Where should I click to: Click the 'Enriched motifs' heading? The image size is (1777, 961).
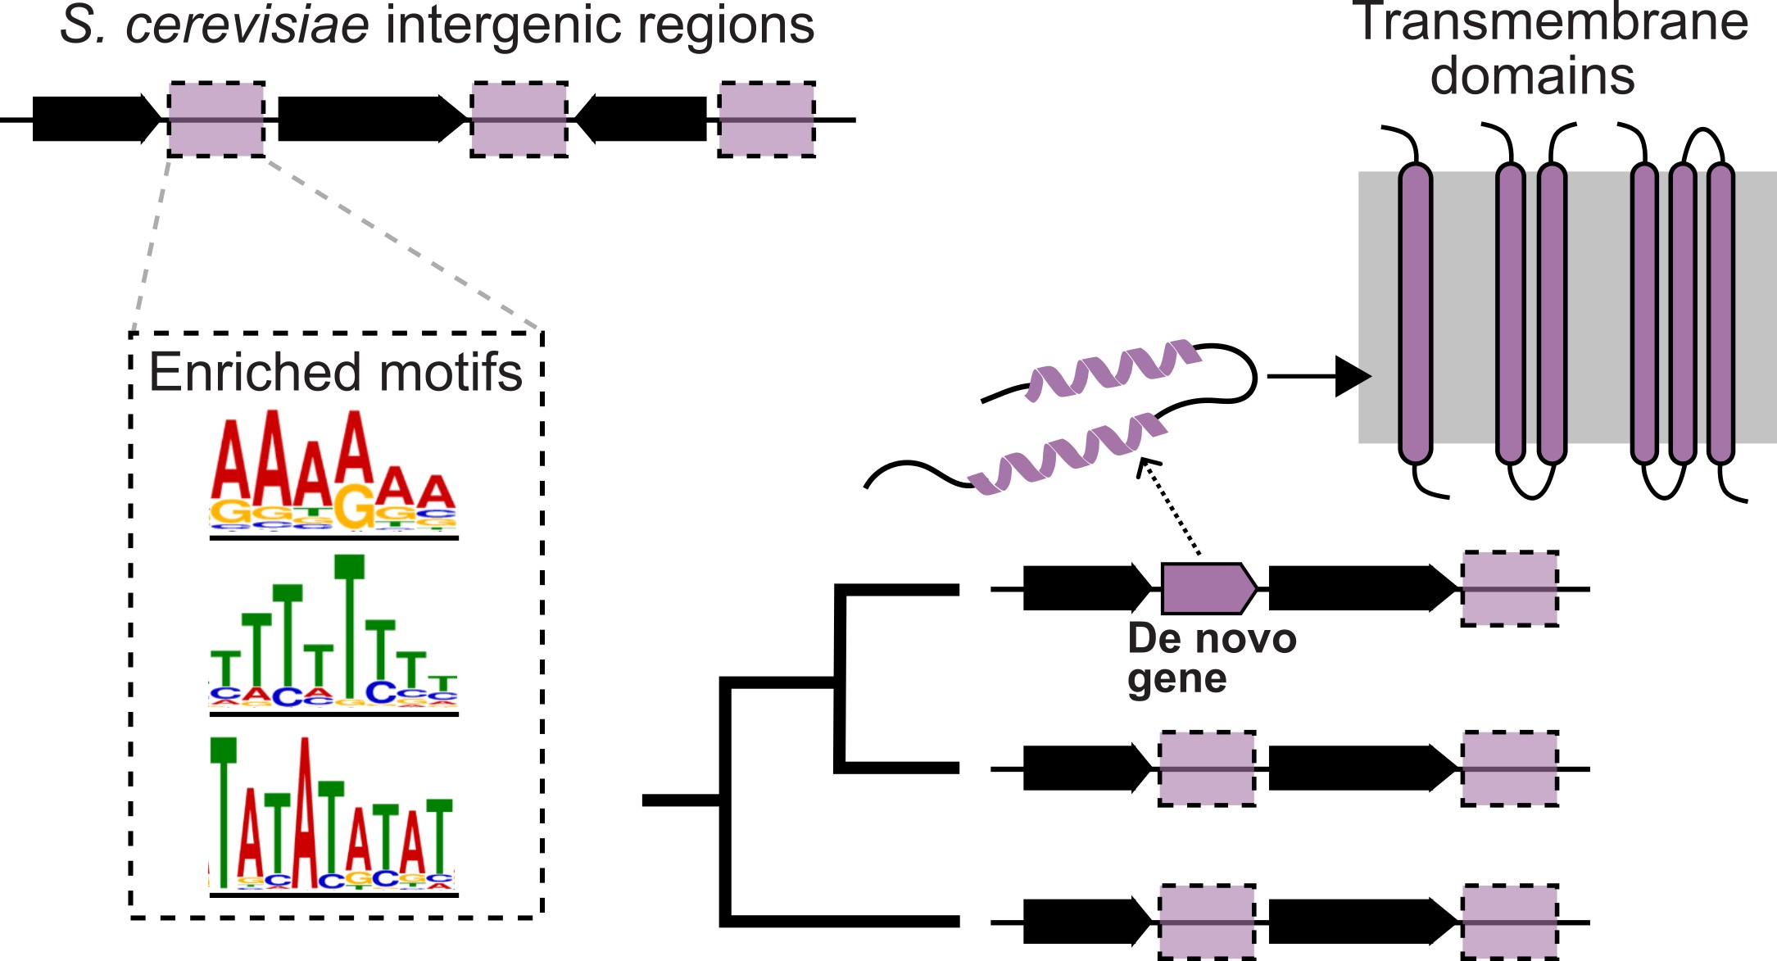pyautogui.click(x=335, y=373)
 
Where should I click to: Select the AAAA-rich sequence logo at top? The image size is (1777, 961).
pyautogui.click(x=333, y=475)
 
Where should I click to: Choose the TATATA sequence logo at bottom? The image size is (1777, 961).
pyautogui.click(x=333, y=815)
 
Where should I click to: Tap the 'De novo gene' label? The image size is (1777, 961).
pyautogui.click(x=1211, y=658)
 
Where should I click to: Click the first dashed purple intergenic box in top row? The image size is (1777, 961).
pyautogui.click(x=216, y=120)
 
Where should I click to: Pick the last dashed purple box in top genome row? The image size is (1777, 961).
pyautogui.click(x=766, y=120)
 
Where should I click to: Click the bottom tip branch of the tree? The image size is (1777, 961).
pyautogui.click(x=844, y=921)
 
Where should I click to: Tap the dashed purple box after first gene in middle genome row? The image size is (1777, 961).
pyautogui.click(x=1206, y=768)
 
